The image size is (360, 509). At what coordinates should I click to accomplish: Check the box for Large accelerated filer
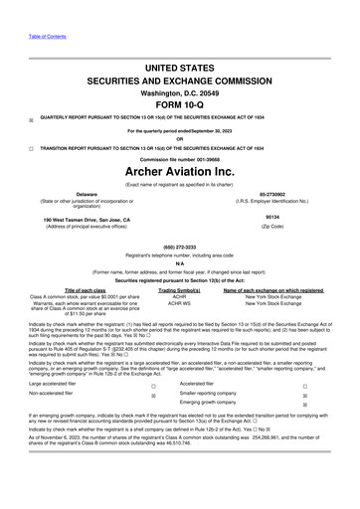153,412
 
